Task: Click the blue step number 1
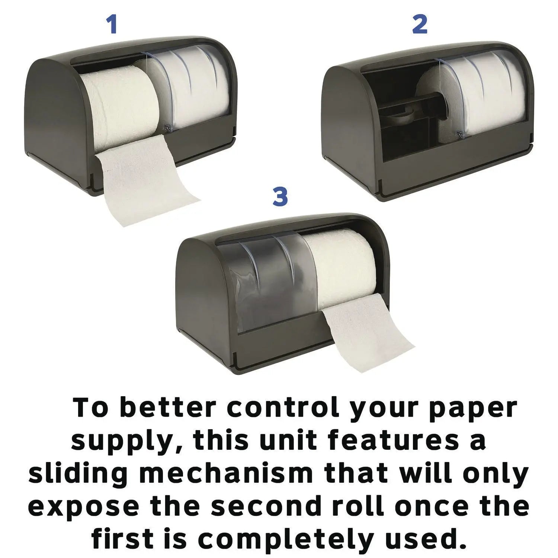(x=112, y=25)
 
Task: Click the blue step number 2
(x=420, y=25)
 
